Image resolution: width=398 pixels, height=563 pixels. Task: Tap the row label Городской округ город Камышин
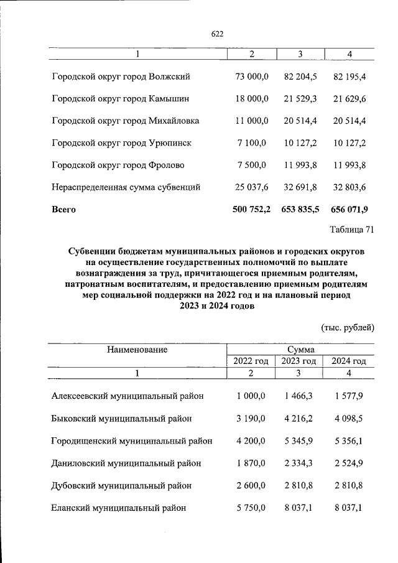tap(121, 98)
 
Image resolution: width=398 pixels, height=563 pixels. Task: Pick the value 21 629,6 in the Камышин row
tap(350, 98)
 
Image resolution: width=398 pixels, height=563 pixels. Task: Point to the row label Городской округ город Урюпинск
tap(121, 143)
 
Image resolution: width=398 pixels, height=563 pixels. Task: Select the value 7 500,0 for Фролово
tap(251, 165)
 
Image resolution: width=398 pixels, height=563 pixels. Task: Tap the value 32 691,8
tap(300, 187)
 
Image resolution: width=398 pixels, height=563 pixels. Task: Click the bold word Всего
tap(63, 210)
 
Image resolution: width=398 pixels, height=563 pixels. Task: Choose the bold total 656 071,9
tap(349, 210)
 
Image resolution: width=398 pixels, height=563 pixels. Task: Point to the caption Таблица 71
tap(351, 231)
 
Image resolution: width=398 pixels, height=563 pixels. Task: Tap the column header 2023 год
tap(299, 361)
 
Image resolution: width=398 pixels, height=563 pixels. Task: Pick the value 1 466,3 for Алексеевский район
tap(300, 396)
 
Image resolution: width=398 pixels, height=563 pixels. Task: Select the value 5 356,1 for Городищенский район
tap(350, 440)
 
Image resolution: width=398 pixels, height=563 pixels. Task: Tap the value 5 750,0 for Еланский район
tap(251, 508)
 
